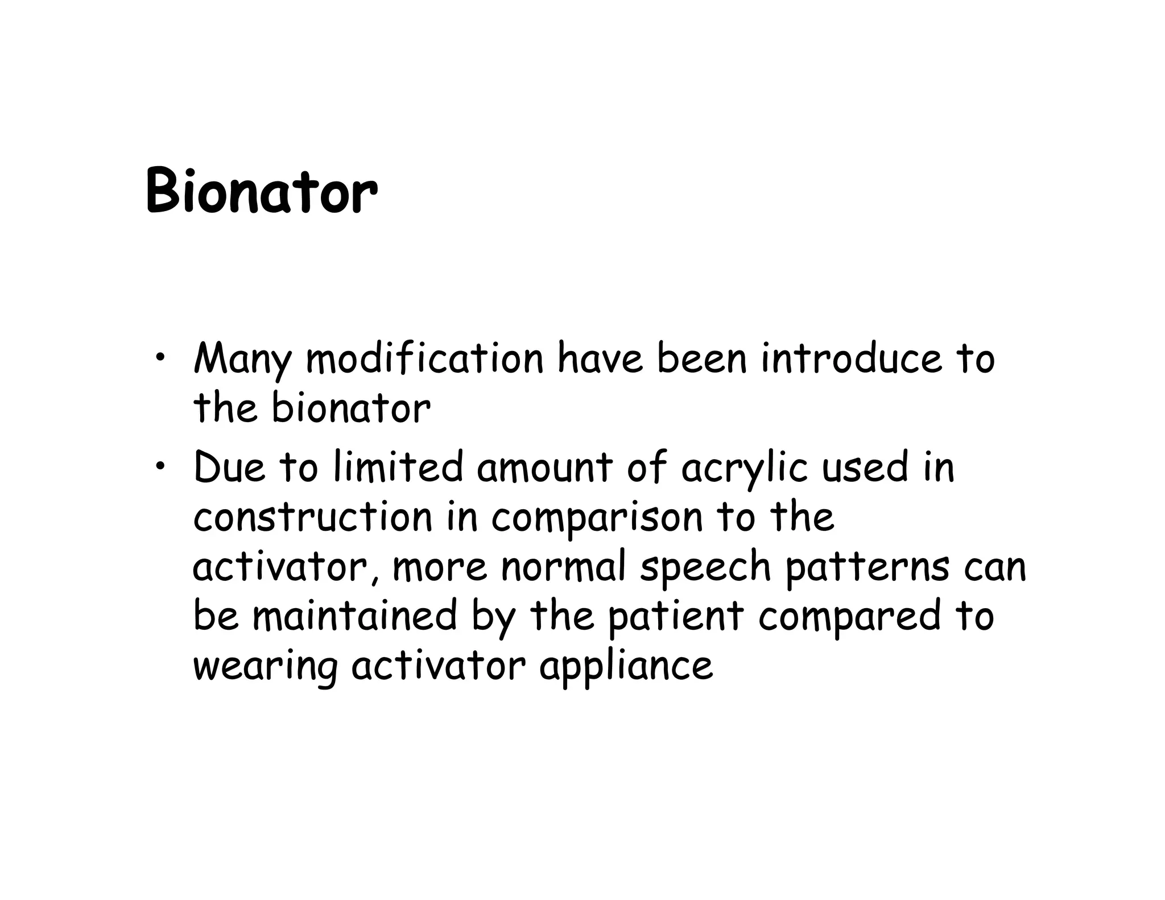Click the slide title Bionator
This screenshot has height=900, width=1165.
(x=261, y=191)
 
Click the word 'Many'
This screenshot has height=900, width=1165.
(x=242, y=360)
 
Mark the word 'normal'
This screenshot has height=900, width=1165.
(x=564, y=567)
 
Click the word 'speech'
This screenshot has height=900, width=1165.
(x=705, y=568)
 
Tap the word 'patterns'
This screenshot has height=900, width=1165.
(x=867, y=568)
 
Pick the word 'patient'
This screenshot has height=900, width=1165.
(x=676, y=618)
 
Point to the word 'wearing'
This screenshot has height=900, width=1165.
(x=265, y=667)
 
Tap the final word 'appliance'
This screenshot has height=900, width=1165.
(x=626, y=667)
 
